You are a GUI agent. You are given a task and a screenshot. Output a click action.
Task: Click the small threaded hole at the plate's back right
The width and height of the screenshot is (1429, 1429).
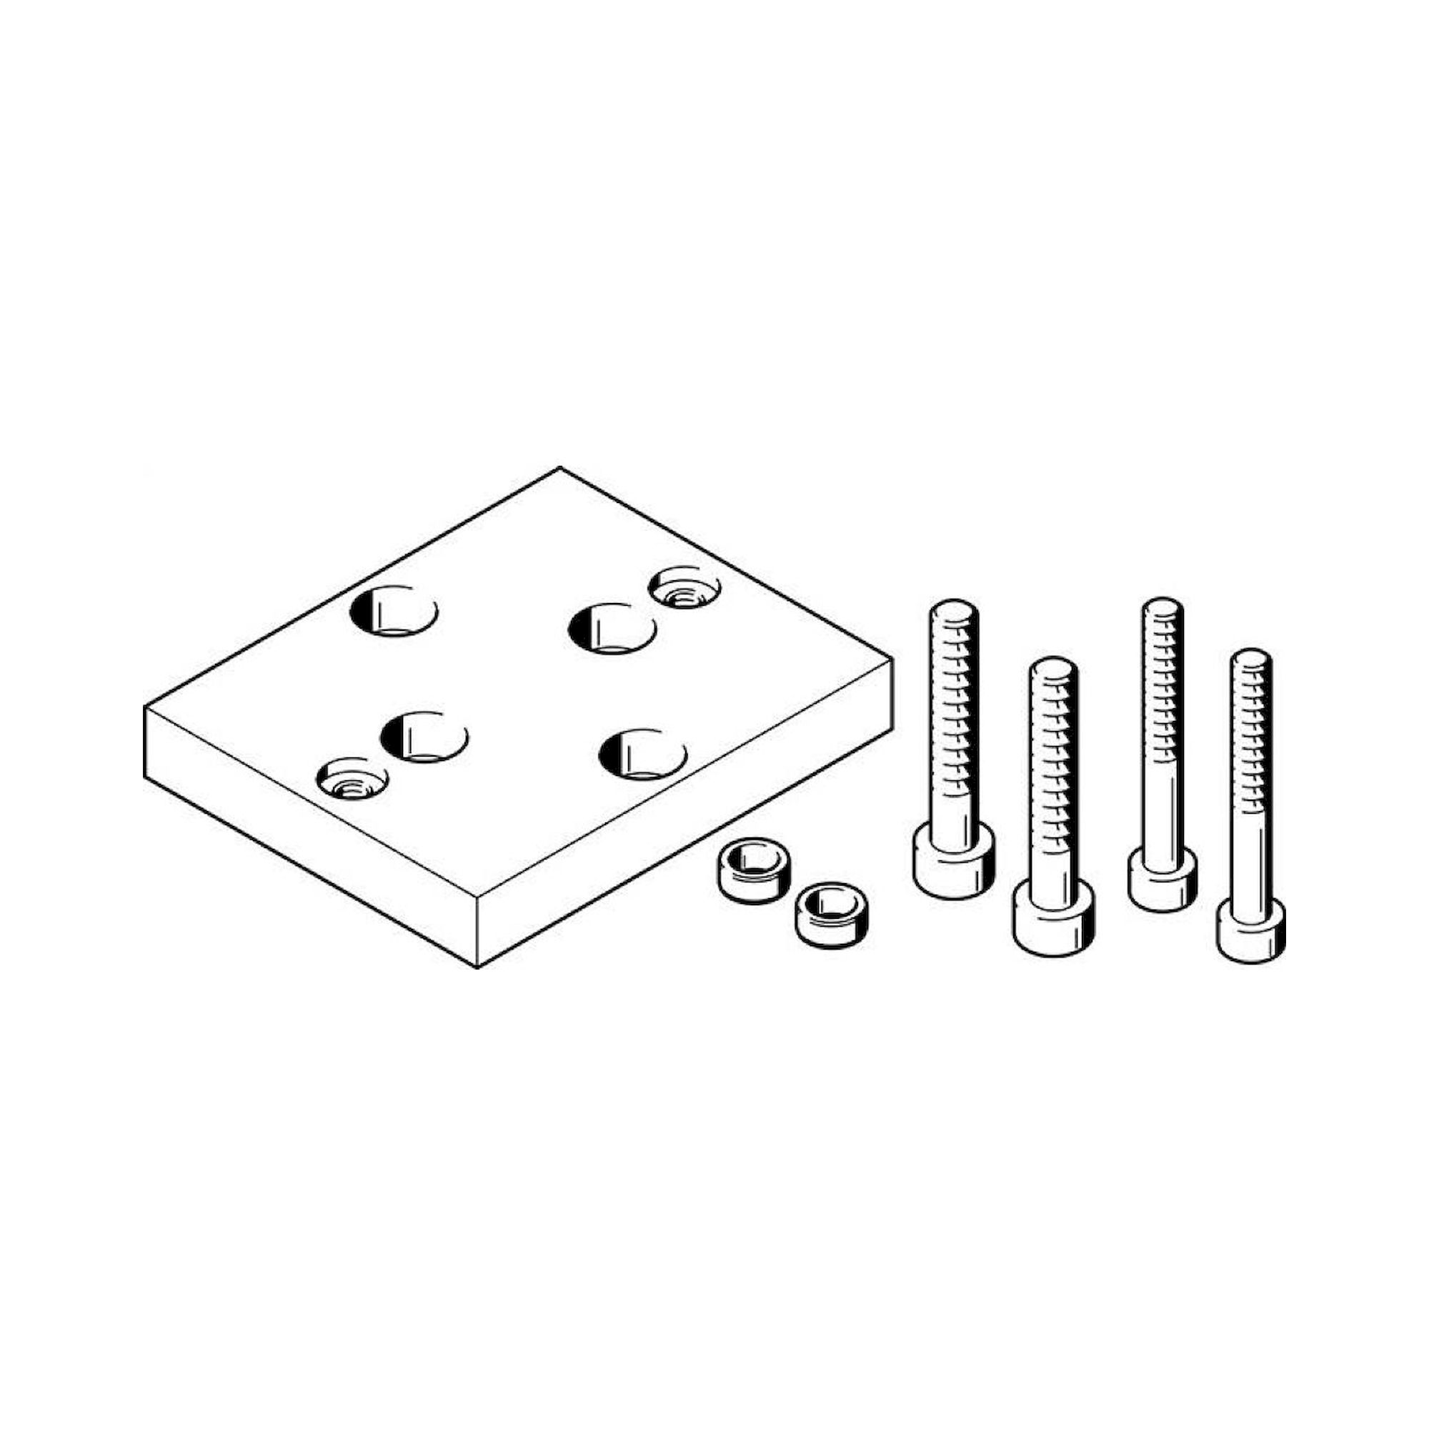[684, 588]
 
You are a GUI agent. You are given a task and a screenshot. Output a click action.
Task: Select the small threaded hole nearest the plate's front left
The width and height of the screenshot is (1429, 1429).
[353, 779]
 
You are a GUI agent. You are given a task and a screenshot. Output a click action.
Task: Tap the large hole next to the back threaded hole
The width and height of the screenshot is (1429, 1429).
[612, 629]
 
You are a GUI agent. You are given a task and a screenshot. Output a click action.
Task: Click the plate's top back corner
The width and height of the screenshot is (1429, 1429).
[560, 468]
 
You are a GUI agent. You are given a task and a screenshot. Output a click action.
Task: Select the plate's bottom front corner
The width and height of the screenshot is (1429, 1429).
[478, 967]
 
